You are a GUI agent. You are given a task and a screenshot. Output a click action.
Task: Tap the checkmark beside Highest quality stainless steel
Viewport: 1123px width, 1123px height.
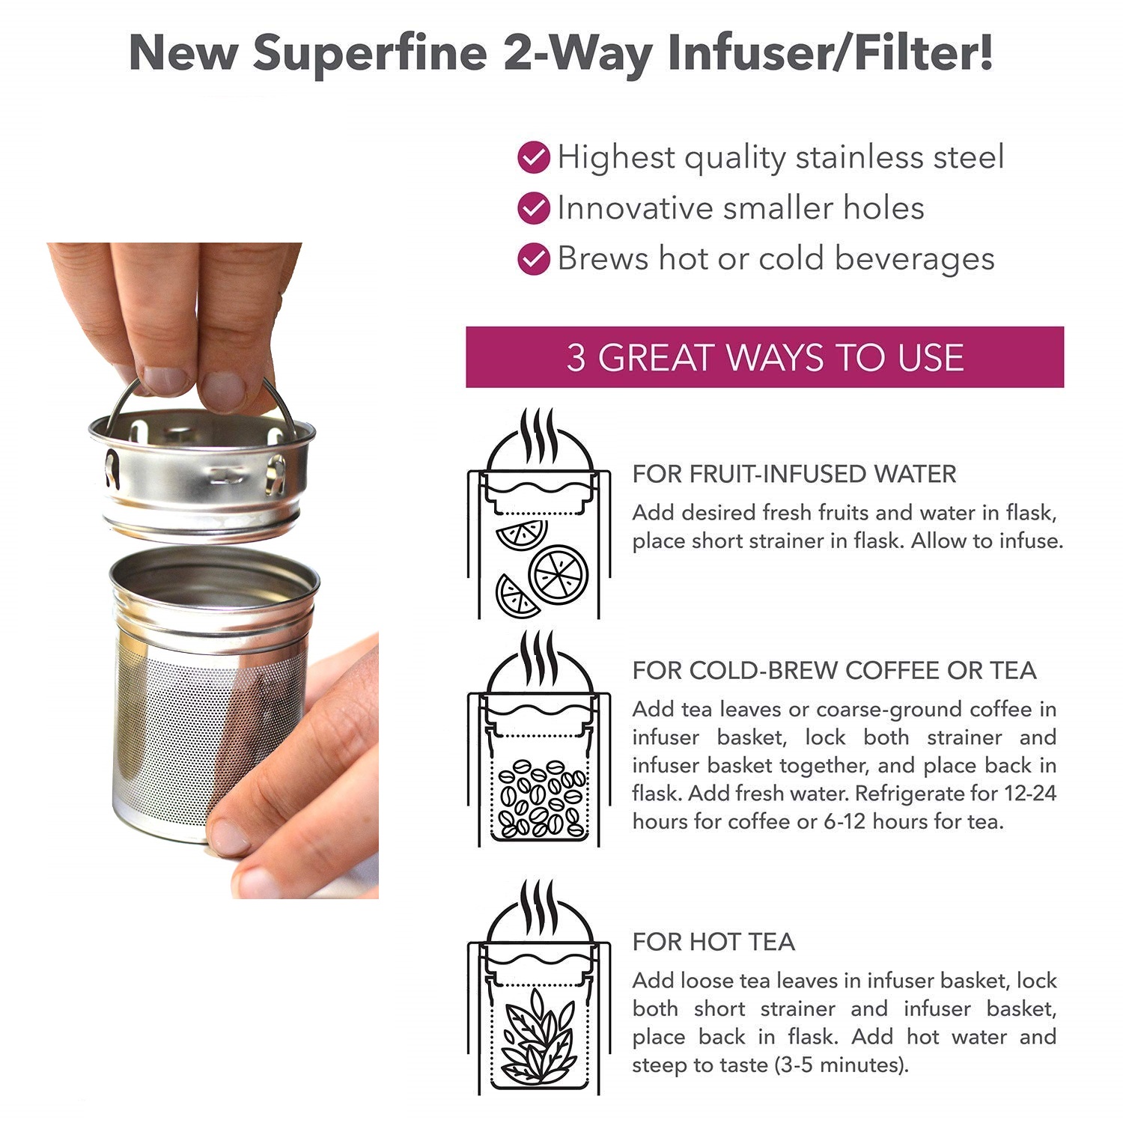click(x=534, y=157)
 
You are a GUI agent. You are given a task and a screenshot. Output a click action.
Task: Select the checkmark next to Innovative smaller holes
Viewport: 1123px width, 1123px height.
click(x=534, y=208)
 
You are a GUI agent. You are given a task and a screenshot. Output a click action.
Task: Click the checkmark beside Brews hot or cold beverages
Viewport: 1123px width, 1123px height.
click(x=534, y=259)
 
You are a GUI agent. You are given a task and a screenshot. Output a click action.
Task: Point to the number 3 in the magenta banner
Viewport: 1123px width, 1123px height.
click(x=576, y=357)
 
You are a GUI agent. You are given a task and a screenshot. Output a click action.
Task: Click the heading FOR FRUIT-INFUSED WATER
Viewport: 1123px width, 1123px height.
click(x=794, y=474)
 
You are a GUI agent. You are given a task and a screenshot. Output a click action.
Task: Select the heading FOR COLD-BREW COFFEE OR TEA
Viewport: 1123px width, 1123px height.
click(x=834, y=670)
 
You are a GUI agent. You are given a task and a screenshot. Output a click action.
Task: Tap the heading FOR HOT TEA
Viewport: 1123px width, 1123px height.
click(x=713, y=941)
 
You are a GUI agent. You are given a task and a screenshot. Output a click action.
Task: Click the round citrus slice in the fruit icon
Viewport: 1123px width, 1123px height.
click(x=559, y=574)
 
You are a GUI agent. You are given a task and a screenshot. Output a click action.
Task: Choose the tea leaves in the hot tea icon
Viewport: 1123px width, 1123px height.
click(x=538, y=1037)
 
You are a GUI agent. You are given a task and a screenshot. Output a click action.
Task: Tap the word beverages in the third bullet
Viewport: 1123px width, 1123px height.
click(x=914, y=259)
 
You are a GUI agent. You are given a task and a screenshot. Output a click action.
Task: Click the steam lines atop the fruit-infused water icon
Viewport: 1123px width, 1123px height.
click(x=539, y=436)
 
